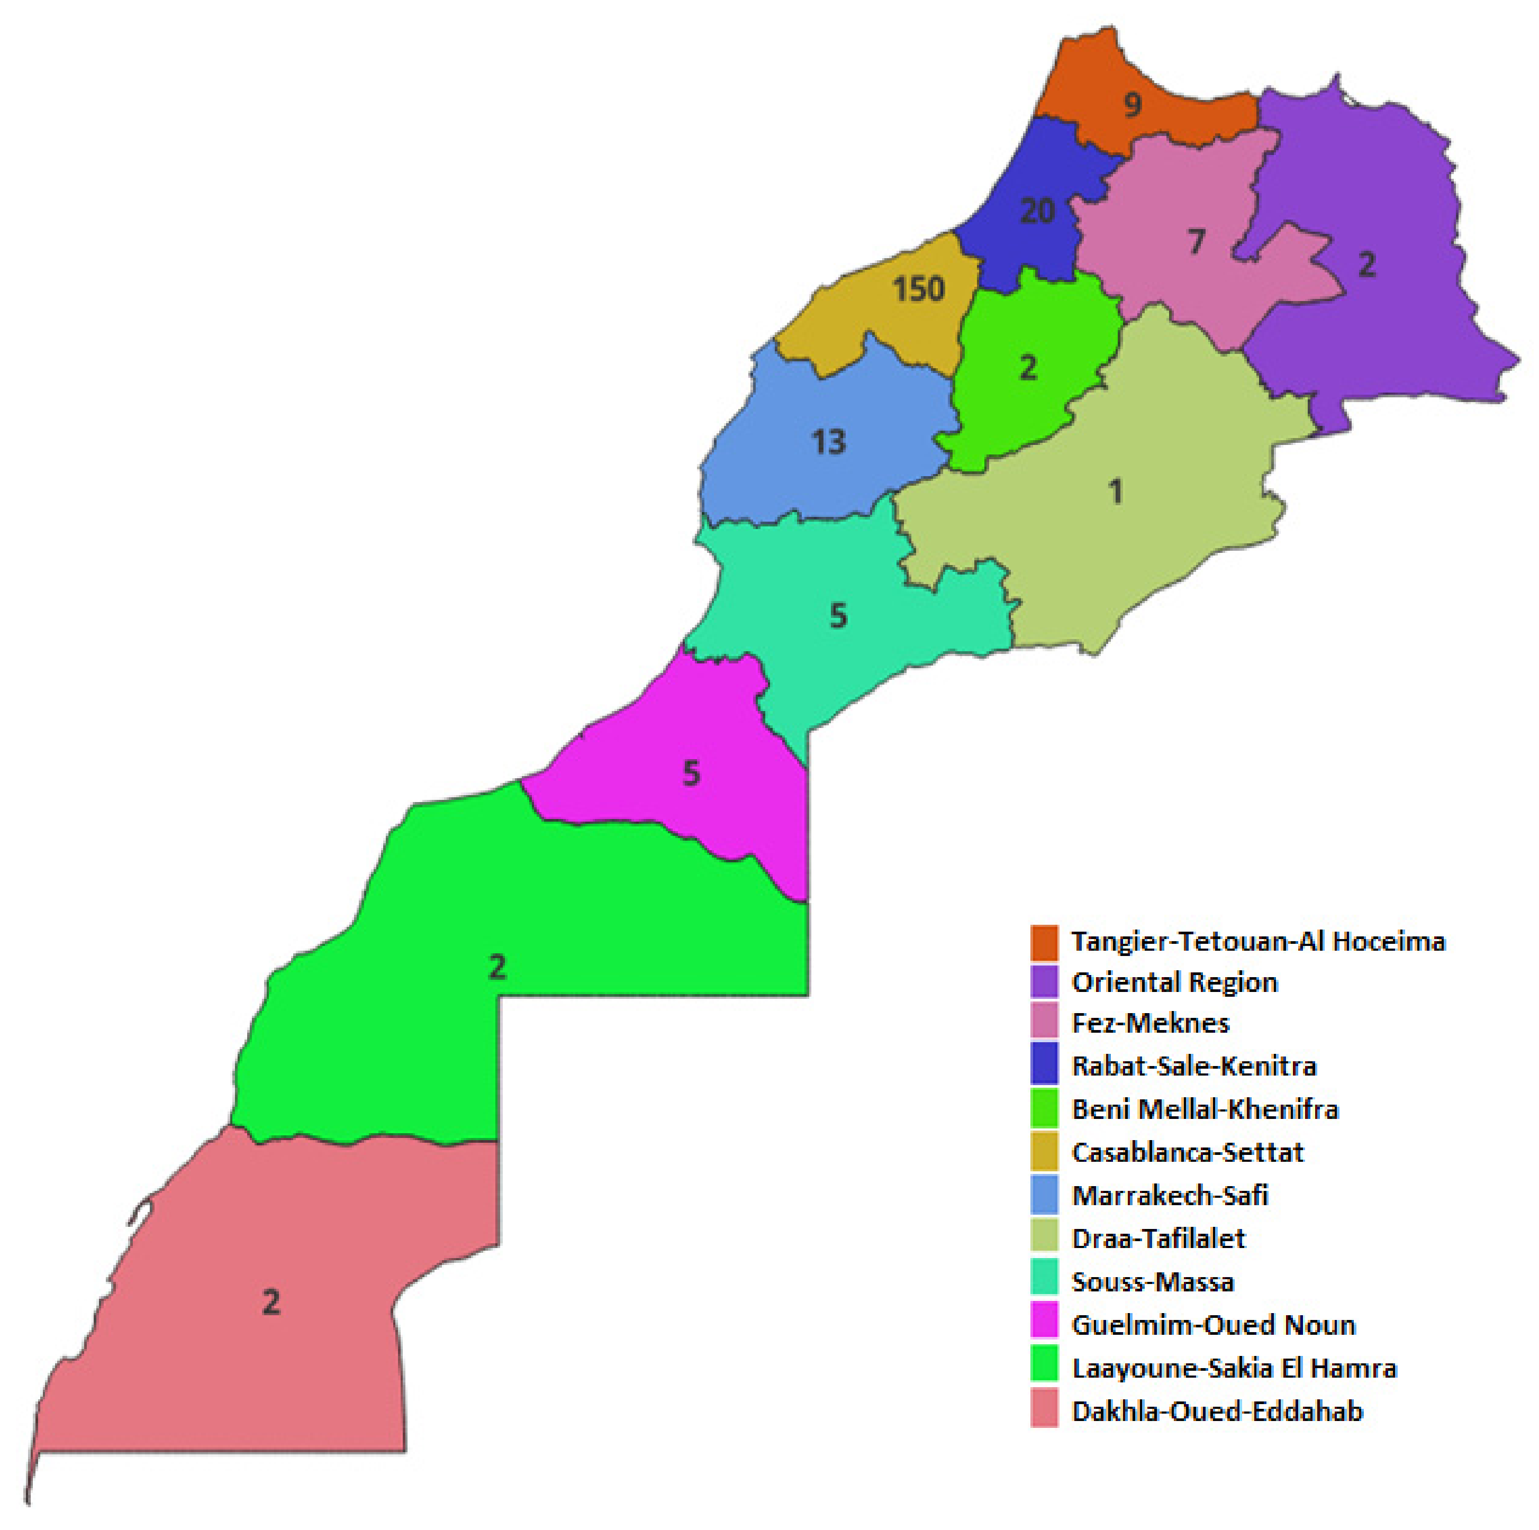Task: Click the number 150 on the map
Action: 918,289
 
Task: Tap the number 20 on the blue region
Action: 1037,211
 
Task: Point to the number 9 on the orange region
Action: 1132,104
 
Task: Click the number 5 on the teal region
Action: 838,616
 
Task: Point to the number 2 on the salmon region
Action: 271,1302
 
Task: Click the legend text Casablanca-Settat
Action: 1188,1152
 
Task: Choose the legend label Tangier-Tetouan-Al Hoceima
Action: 1258,941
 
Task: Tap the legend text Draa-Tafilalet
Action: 1158,1238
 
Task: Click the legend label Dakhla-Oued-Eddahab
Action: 1217,1411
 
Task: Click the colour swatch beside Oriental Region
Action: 1044,982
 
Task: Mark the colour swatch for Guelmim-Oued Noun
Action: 1044,1325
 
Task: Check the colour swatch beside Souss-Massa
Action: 1044,1281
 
